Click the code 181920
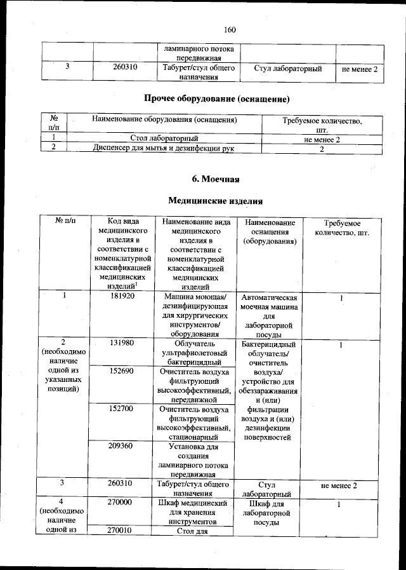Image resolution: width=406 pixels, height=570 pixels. click(x=121, y=296)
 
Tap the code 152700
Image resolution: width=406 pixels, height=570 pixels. click(x=121, y=409)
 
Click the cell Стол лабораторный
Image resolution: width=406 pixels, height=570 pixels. click(x=164, y=138)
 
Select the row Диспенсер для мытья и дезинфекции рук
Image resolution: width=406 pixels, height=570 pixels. click(x=164, y=148)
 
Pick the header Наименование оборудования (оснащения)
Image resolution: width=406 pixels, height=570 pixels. click(x=164, y=119)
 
